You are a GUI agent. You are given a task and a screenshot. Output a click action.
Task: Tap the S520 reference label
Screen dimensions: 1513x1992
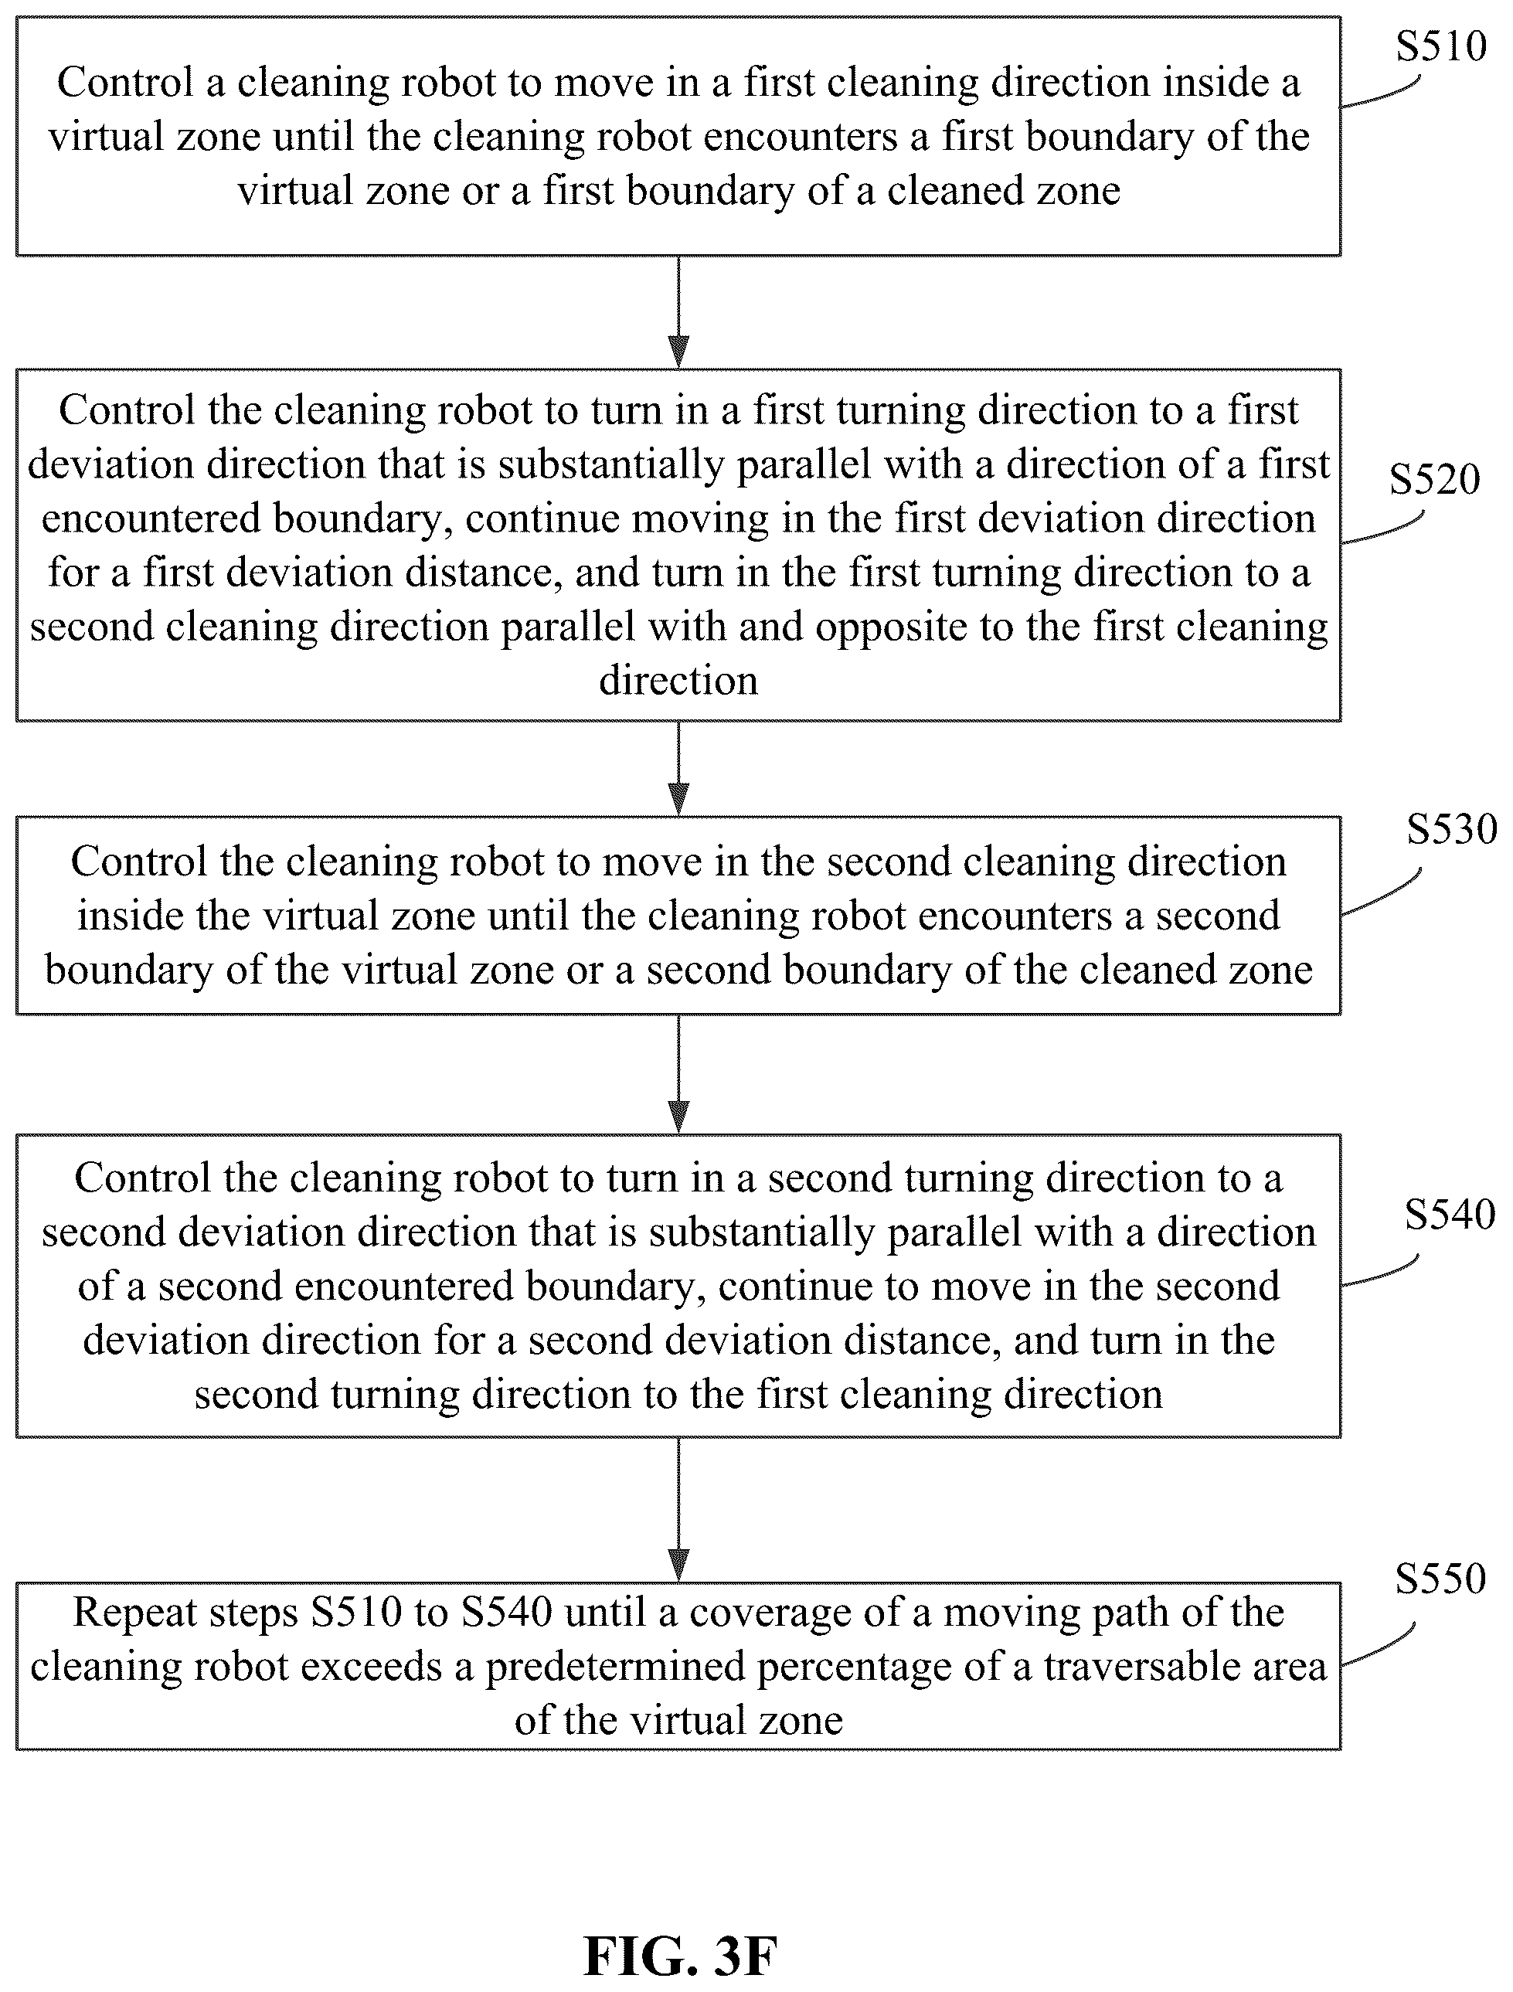tap(1435, 479)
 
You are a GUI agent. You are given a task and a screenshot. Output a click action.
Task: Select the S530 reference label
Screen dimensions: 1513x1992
tap(1452, 828)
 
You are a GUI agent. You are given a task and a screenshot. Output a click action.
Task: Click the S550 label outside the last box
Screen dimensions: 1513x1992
tap(1440, 1578)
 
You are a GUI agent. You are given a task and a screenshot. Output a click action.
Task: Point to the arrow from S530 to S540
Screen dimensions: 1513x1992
tap(679, 1074)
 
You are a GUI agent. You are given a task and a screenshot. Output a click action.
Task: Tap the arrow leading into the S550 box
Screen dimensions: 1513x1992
tap(679, 1510)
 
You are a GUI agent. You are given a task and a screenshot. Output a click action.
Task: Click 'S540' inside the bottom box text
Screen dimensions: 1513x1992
tap(507, 1612)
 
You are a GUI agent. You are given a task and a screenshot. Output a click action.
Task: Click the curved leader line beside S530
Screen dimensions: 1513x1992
tap(1382, 892)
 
